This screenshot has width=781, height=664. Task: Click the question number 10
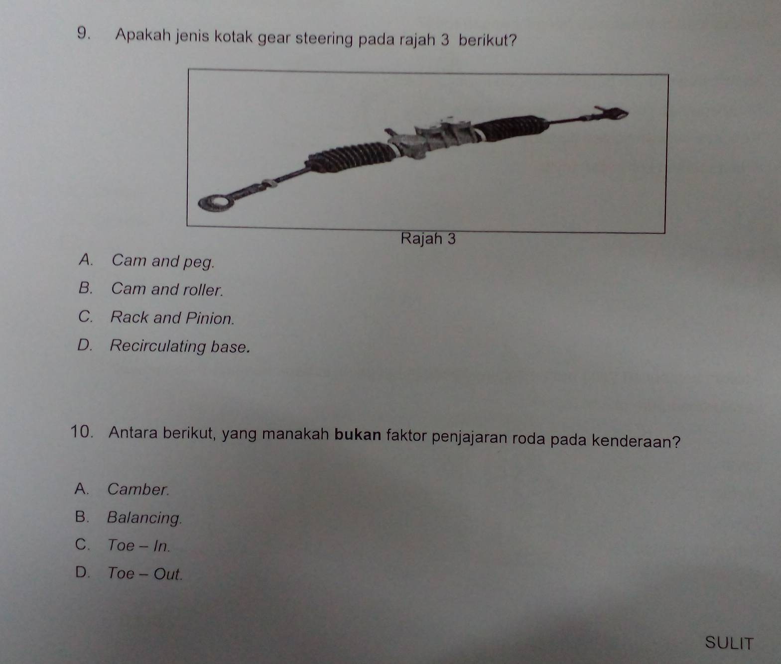81,432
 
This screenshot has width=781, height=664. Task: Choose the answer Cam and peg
163,261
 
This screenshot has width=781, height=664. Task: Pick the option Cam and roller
167,289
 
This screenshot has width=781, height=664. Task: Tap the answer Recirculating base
180,347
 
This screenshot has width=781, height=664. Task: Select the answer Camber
138,489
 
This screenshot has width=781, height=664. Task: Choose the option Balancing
144,518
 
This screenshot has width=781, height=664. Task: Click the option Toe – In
139,546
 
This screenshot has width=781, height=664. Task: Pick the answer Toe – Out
145,573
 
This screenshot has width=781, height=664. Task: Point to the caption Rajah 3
428,239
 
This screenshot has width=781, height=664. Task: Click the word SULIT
729,643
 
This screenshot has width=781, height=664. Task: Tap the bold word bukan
358,435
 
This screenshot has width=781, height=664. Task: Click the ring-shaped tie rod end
215,203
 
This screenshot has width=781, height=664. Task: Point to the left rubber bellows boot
350,156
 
